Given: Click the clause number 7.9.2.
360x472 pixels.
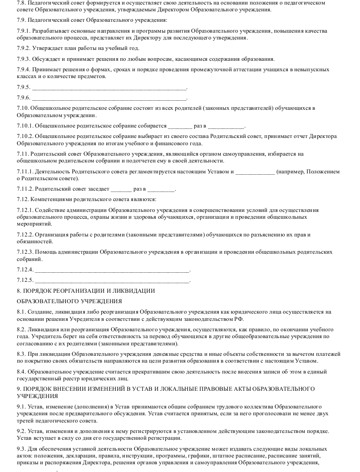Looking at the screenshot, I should [23, 48].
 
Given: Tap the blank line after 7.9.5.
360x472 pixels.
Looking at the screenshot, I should [109, 87].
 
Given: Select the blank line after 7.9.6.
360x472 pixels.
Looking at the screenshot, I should [109, 98].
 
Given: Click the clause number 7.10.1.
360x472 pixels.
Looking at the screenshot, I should [25, 126].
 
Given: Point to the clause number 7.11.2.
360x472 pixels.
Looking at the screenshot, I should [25, 189].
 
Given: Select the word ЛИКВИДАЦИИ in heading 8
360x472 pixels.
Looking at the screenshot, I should [135, 290].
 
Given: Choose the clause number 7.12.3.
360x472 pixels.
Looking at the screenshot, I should [25, 251].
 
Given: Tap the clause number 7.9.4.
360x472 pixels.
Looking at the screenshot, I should [23, 69].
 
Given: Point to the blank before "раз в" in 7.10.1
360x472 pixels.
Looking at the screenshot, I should [180, 126].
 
